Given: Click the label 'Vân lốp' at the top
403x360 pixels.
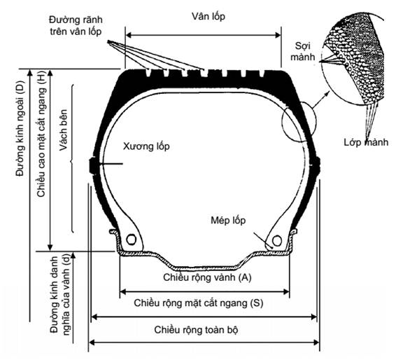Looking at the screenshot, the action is click(208, 17).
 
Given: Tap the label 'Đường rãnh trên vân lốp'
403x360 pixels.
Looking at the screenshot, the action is click(76, 25).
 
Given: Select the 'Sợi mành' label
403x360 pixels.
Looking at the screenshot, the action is click(302, 51).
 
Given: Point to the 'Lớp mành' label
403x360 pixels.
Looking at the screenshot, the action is click(366, 142).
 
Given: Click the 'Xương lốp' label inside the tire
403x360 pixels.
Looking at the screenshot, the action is click(146, 146).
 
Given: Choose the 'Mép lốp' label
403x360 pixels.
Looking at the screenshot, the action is click(228, 220).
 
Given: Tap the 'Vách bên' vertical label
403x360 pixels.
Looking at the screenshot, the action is click(63, 130).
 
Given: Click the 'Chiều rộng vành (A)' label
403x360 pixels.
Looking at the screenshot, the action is click(207, 277).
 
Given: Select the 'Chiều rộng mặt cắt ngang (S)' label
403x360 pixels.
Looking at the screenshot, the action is click(199, 303).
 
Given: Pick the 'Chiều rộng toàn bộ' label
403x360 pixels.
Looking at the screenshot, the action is click(196, 330).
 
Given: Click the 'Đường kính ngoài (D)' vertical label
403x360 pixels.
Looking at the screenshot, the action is click(20, 128).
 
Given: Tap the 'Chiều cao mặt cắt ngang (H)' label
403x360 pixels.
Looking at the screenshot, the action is click(41, 134).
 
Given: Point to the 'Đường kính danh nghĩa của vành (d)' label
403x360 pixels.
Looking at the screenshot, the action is click(60, 295).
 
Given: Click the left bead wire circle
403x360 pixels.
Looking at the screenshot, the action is click(131, 240).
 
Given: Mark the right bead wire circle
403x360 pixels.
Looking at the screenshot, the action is click(277, 241).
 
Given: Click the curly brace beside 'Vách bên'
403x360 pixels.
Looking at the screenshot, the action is click(72, 158).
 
